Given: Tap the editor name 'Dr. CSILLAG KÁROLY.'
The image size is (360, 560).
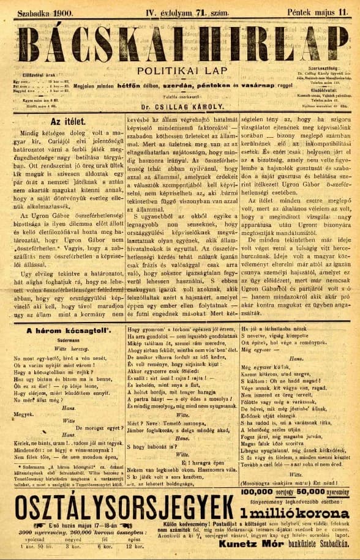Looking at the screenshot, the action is [x=181, y=104].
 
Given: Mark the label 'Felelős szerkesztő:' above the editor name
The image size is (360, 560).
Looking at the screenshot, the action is [x=181, y=95].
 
